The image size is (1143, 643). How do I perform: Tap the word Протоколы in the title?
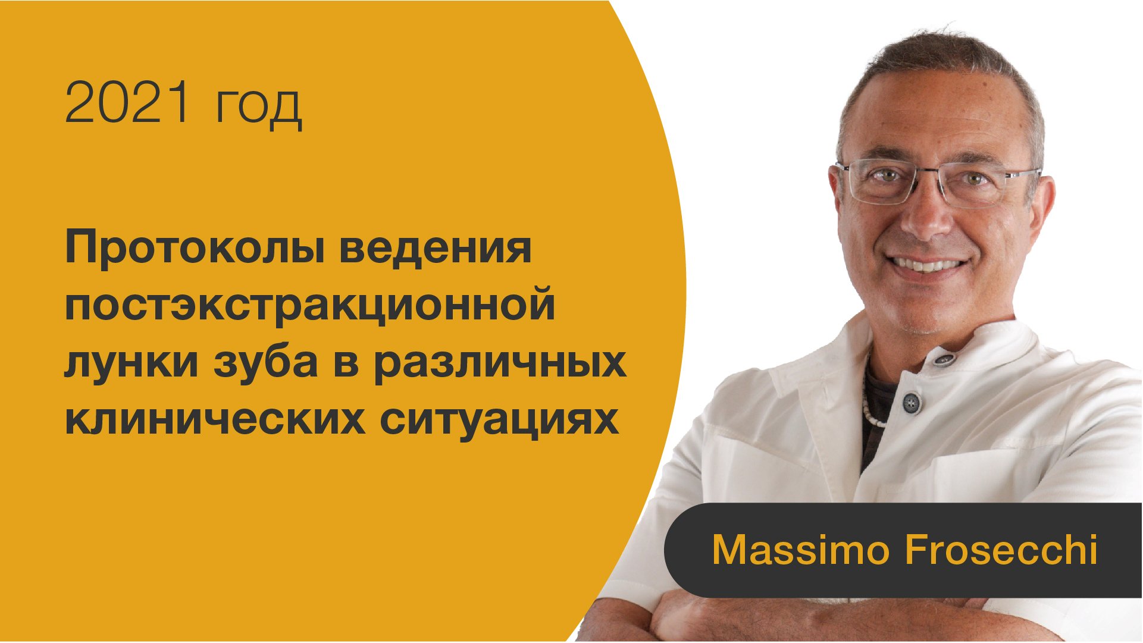point(194,248)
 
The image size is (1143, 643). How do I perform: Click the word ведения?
point(435,248)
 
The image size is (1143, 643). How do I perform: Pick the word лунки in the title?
point(130,362)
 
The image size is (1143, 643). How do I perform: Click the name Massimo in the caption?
point(800,550)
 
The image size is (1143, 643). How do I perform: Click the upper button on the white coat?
point(943,359)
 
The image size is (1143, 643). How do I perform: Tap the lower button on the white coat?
point(911,403)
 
